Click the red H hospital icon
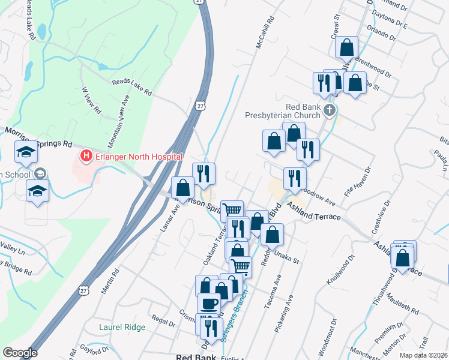point(86,157)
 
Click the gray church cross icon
point(330,110)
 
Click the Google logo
point(20,353)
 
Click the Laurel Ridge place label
point(122,327)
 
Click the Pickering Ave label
point(288,311)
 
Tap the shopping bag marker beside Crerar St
point(347,46)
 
